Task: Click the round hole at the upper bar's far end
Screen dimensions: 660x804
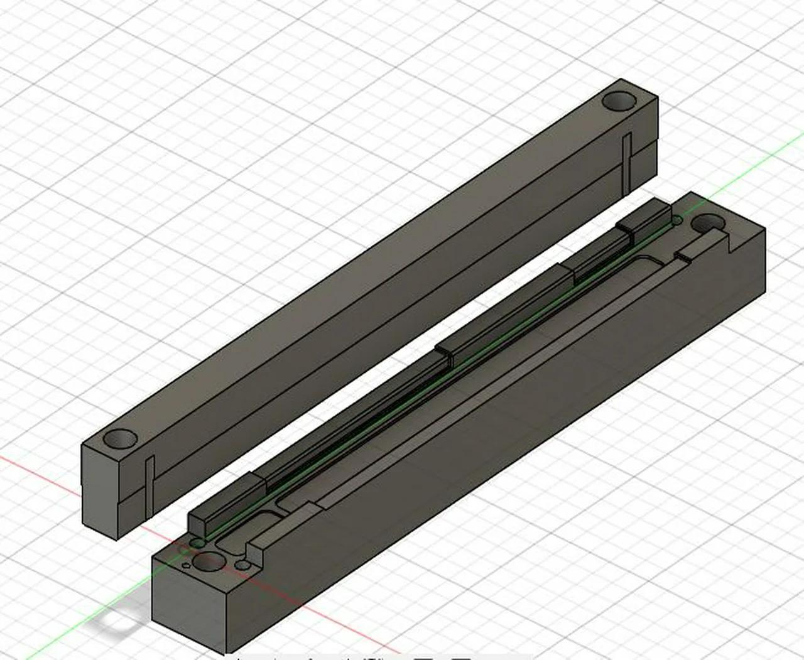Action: point(619,100)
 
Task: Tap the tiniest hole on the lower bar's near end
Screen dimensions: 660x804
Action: point(187,566)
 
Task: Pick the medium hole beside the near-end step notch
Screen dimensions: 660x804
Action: point(242,565)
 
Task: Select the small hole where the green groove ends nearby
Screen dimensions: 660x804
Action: point(198,542)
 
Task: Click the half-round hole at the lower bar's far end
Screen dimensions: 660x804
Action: point(707,223)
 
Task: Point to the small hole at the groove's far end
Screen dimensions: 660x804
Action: point(676,221)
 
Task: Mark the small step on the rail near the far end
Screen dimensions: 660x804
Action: point(683,256)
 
